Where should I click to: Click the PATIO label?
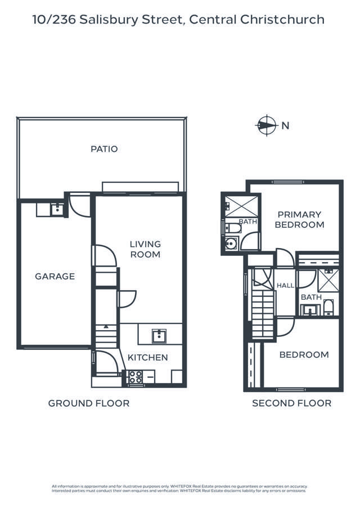104,149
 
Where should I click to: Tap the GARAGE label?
55,276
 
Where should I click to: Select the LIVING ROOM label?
145,249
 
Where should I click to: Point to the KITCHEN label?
148,357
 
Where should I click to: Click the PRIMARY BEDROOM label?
299,219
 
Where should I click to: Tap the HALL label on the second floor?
285,285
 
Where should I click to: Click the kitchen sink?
159,336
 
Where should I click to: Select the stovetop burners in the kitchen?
136,377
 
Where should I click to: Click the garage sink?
57,210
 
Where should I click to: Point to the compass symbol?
267,125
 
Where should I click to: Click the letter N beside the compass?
285,125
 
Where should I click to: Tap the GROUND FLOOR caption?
89,403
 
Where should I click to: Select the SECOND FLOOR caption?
291,403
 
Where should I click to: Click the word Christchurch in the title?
282,20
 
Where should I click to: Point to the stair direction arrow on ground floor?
106,326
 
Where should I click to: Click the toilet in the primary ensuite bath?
233,228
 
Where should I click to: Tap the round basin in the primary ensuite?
231,243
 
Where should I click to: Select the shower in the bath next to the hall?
328,280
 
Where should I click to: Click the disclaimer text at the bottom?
179,489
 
